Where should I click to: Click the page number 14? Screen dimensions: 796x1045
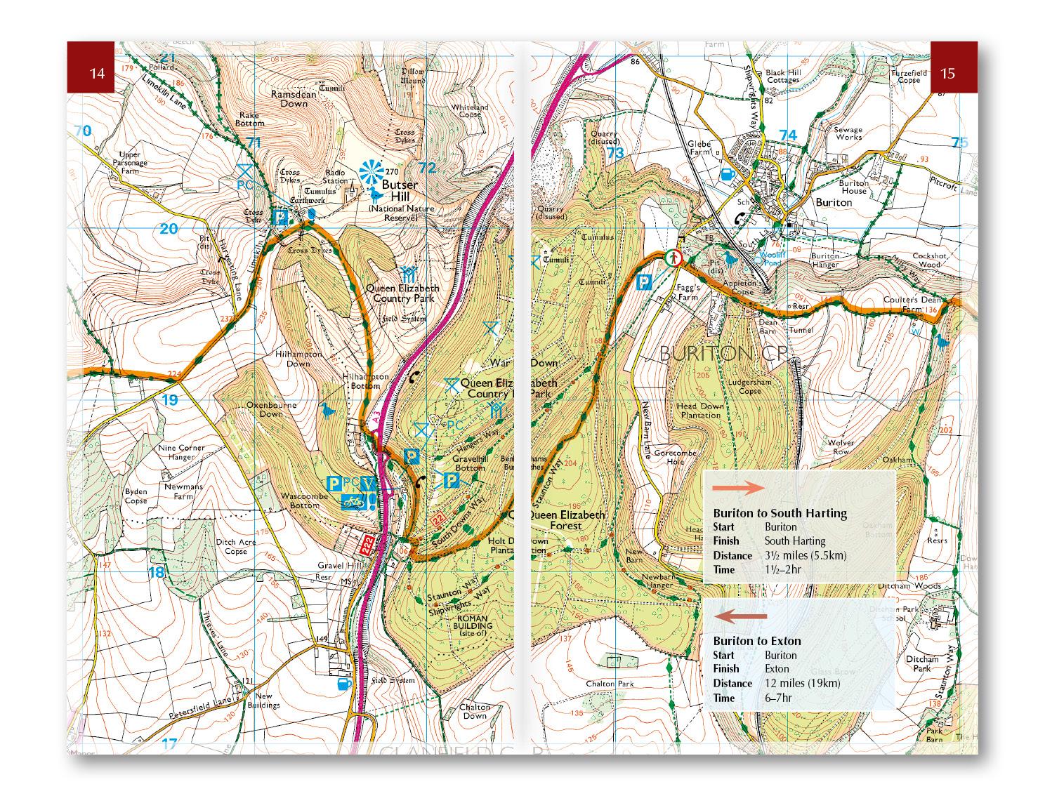(x=97, y=73)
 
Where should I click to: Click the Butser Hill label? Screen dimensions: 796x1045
(x=399, y=191)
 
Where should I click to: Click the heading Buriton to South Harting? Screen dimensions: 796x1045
(x=780, y=513)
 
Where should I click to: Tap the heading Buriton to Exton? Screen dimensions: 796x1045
(x=756, y=641)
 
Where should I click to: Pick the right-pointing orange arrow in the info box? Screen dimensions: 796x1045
(x=737, y=488)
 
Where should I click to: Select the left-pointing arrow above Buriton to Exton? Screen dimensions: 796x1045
(x=740, y=616)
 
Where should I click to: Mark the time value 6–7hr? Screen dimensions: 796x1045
(x=778, y=698)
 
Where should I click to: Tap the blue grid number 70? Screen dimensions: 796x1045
(x=83, y=131)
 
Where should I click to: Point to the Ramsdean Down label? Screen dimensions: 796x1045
(x=289, y=98)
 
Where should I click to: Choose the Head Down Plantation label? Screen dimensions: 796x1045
(x=700, y=411)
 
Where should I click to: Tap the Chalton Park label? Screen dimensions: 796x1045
(x=610, y=684)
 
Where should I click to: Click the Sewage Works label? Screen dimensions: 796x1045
(x=848, y=133)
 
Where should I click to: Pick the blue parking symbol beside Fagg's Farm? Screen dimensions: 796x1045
(x=643, y=282)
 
